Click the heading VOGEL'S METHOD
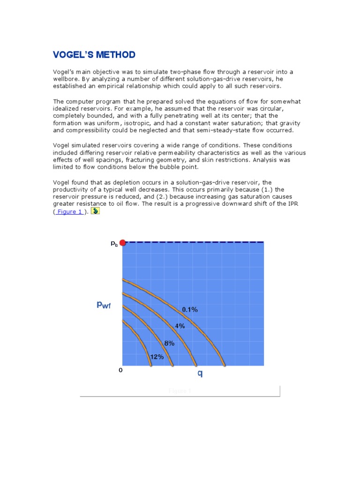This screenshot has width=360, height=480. (x=94, y=55)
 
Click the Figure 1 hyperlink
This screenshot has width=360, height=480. (x=70, y=211)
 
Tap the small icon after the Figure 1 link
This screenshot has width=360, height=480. (x=95, y=211)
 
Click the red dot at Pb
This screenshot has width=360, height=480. (x=123, y=242)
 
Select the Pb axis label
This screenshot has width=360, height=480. (x=114, y=243)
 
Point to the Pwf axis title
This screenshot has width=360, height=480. (x=104, y=305)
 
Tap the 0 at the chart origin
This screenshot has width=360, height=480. (x=120, y=370)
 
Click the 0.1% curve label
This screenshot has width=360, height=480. (x=190, y=309)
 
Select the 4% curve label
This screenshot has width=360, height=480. (x=180, y=326)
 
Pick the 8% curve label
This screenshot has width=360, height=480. (x=169, y=343)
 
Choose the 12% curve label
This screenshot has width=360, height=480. (x=157, y=357)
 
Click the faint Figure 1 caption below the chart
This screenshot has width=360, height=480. (x=180, y=390)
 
